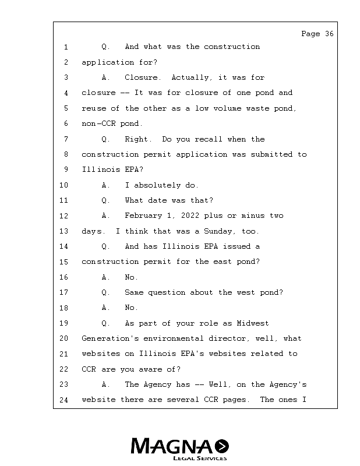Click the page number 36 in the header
tap(329, 34)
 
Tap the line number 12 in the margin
tap(64, 216)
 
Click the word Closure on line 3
tap(142, 77)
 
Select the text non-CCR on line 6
tap(97, 123)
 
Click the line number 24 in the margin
tap(64, 400)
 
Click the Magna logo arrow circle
tap(221, 446)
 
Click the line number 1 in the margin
tap(66, 47)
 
